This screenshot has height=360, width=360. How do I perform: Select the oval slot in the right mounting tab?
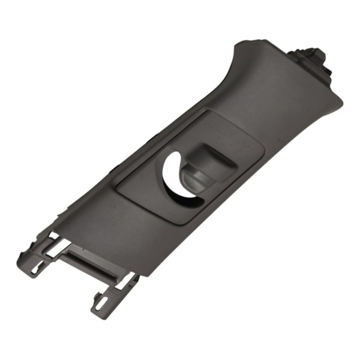click(x=102, y=302)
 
